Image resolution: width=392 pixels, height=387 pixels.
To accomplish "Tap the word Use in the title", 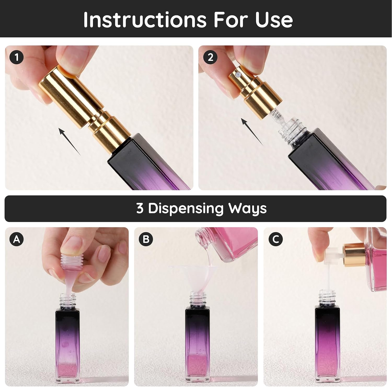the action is (274, 20).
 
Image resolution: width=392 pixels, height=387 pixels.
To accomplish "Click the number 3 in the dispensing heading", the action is (140, 208).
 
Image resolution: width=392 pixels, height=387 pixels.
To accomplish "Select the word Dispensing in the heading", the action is (186, 209).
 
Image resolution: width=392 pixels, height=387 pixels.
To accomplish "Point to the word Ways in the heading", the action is (247, 209).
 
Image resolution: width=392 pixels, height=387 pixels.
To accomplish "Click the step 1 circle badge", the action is (17, 57).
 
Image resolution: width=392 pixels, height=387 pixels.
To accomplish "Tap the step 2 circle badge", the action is (210, 57).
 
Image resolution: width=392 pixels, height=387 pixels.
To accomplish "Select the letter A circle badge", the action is (17, 239).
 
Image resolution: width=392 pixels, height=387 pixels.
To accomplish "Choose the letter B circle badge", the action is (146, 239).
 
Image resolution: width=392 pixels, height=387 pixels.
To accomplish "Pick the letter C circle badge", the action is (276, 239).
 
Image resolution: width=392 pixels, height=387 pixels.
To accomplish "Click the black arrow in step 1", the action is (70, 141).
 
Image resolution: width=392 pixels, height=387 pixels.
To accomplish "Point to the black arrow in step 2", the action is (252, 132).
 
